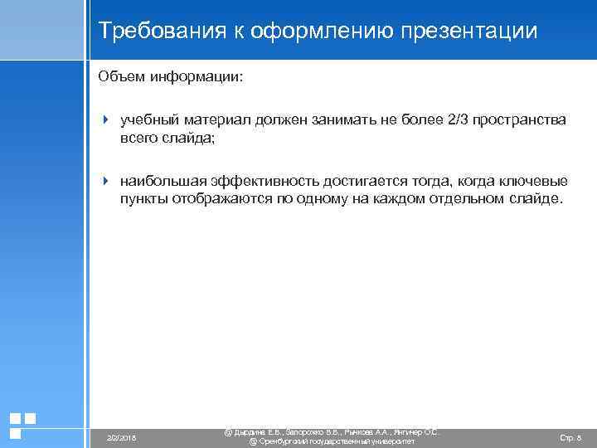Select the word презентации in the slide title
pyautogui.click(x=469, y=32)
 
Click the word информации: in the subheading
pyautogui.click(x=197, y=76)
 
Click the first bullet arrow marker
pyautogui.click(x=105, y=120)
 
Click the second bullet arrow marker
pyautogui.click(x=105, y=181)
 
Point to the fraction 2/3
pyautogui.click(x=457, y=120)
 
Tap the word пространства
pyautogui.click(x=520, y=120)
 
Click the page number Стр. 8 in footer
pyautogui.click(x=570, y=436)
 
